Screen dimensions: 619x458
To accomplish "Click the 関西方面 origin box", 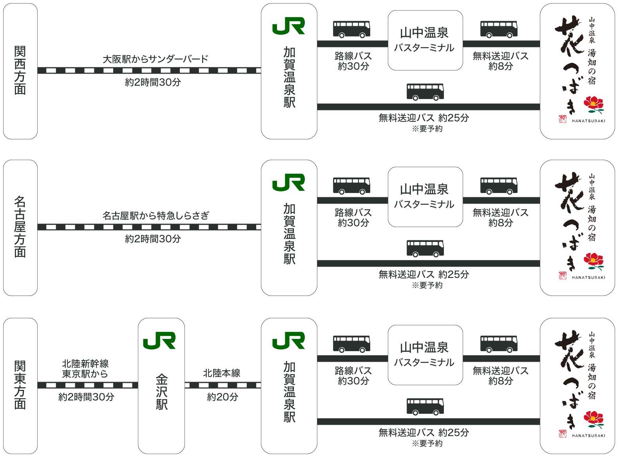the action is [x=20, y=71].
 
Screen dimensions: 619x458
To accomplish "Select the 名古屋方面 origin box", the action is [x=20, y=227].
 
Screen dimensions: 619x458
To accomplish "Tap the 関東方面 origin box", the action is [x=20, y=386].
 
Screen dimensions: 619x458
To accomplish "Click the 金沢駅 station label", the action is [x=161, y=391].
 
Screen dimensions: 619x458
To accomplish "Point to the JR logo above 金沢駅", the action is [x=159, y=340].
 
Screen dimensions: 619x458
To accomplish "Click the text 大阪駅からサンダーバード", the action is [x=156, y=59].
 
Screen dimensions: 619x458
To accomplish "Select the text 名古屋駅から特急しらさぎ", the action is [x=156, y=216].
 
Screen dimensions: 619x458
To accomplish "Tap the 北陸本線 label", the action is [x=222, y=373].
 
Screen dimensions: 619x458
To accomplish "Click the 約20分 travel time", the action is [x=223, y=397].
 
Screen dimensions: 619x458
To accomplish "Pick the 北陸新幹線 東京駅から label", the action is [x=85, y=368].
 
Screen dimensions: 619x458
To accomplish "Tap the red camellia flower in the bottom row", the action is [x=594, y=420].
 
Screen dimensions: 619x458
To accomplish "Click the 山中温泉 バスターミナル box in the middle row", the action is [x=425, y=197].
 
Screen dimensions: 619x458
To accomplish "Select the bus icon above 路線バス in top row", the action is [x=352, y=29].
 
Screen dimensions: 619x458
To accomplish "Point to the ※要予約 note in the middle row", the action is [x=427, y=285].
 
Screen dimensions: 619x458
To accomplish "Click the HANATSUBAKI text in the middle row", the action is [x=588, y=278].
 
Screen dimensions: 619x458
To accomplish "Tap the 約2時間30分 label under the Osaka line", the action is [x=153, y=82].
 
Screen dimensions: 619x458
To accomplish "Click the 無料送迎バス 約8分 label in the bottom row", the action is [x=501, y=376].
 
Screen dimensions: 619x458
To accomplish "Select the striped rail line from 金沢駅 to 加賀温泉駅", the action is [x=223, y=386].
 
